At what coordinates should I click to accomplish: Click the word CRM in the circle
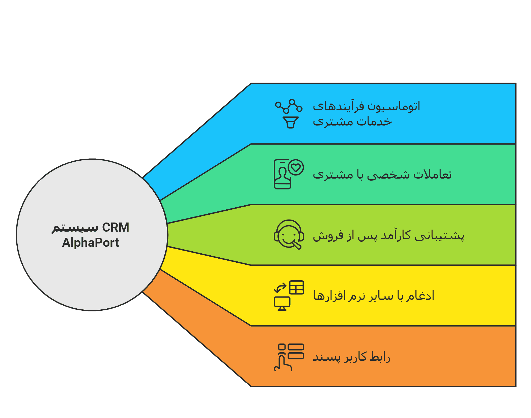116,227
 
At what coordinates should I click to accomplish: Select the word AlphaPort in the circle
90,242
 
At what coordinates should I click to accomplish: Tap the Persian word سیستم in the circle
75,228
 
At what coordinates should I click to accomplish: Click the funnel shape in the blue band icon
291,122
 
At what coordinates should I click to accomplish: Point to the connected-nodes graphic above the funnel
289,106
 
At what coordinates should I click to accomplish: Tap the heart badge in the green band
296,167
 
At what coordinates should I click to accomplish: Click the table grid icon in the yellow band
296,287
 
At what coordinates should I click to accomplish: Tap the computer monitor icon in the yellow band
282,303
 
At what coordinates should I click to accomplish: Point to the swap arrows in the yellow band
280,288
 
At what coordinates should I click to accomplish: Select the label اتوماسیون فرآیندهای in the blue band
366,106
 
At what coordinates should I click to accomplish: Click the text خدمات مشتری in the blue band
352,121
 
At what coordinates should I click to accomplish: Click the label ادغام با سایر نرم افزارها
374,296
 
